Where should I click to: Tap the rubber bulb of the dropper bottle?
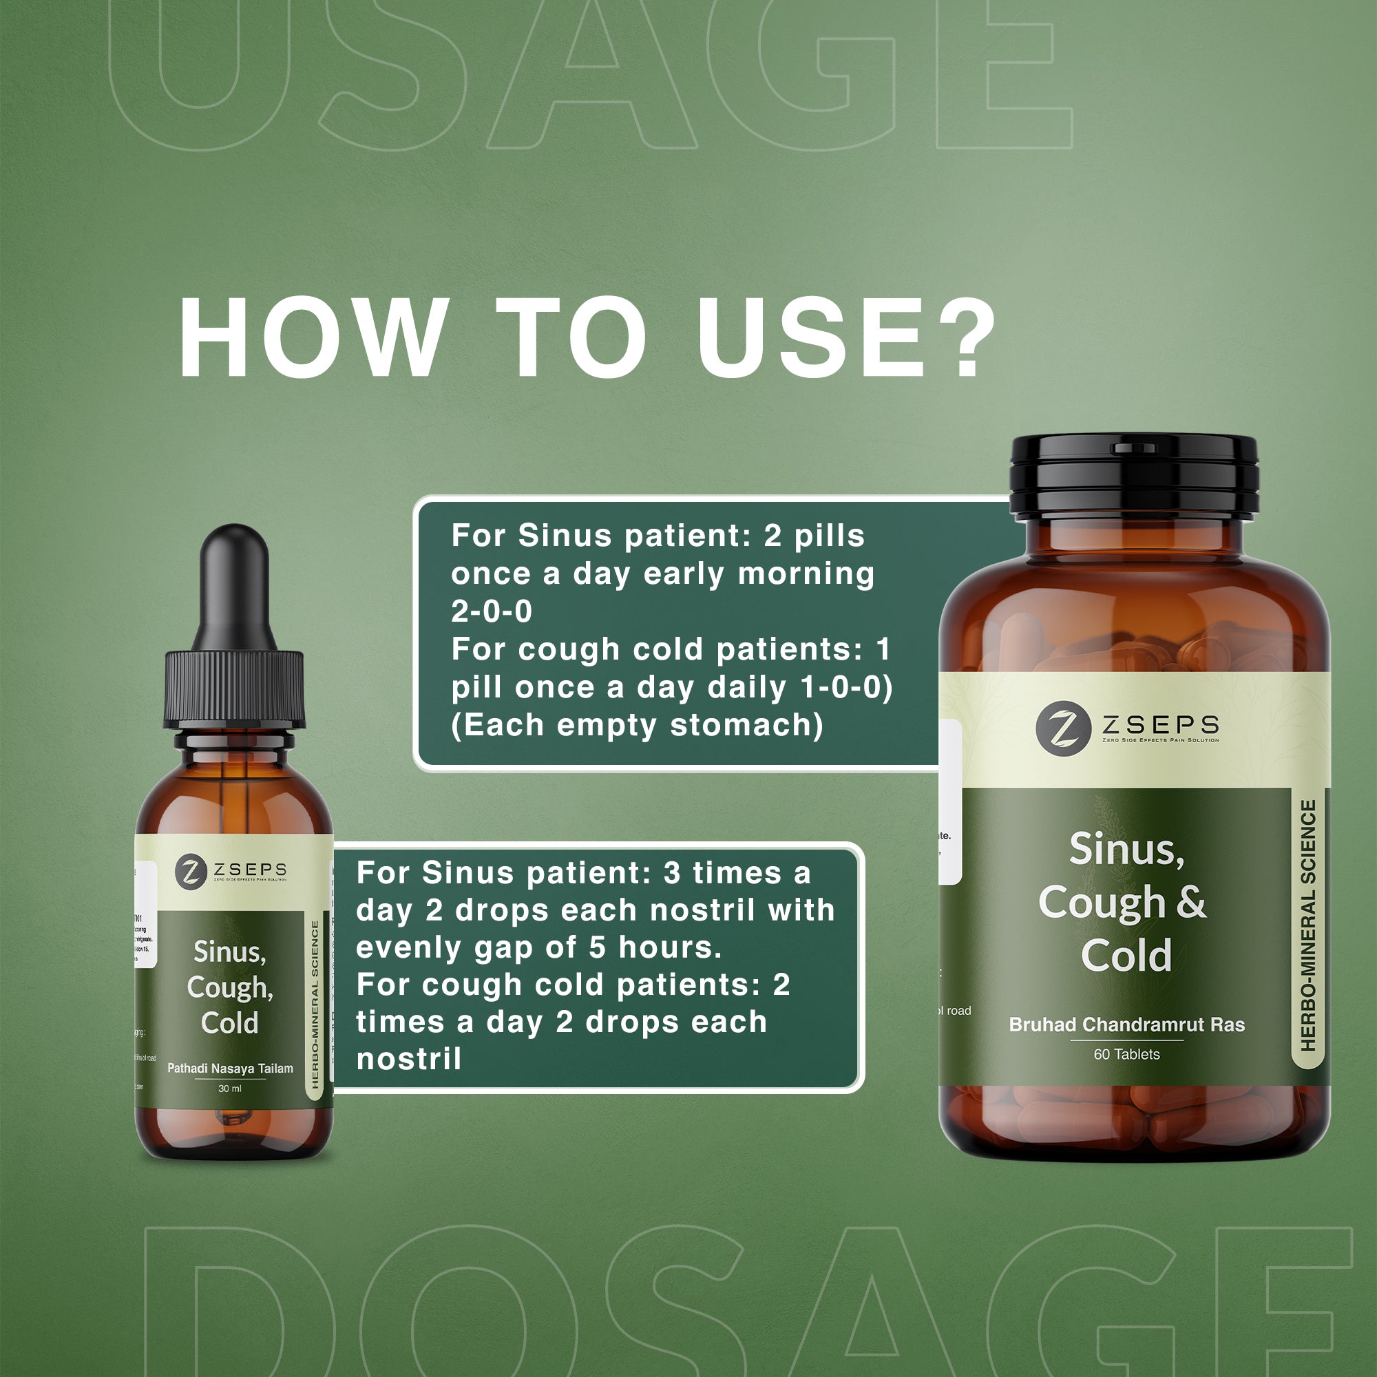[x=235, y=585]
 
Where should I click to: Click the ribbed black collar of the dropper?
[x=235, y=688]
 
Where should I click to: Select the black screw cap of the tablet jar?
[x=1134, y=474]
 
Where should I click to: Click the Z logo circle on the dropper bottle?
[x=190, y=871]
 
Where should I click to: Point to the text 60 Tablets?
[x=1127, y=1054]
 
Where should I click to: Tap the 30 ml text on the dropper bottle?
[x=229, y=1089]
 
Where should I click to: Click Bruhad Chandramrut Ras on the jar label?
[x=1127, y=1025]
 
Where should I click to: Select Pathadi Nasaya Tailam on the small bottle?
[x=229, y=1069]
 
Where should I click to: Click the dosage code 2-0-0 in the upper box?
[x=491, y=611]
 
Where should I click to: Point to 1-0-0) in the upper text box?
[x=846, y=687]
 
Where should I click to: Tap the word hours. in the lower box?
[x=670, y=947]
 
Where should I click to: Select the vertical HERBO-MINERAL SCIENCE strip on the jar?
[x=1308, y=926]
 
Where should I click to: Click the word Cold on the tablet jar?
[x=1126, y=956]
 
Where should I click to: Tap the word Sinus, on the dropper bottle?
[x=229, y=952]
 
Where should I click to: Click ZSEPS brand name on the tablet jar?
[x=1160, y=725]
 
